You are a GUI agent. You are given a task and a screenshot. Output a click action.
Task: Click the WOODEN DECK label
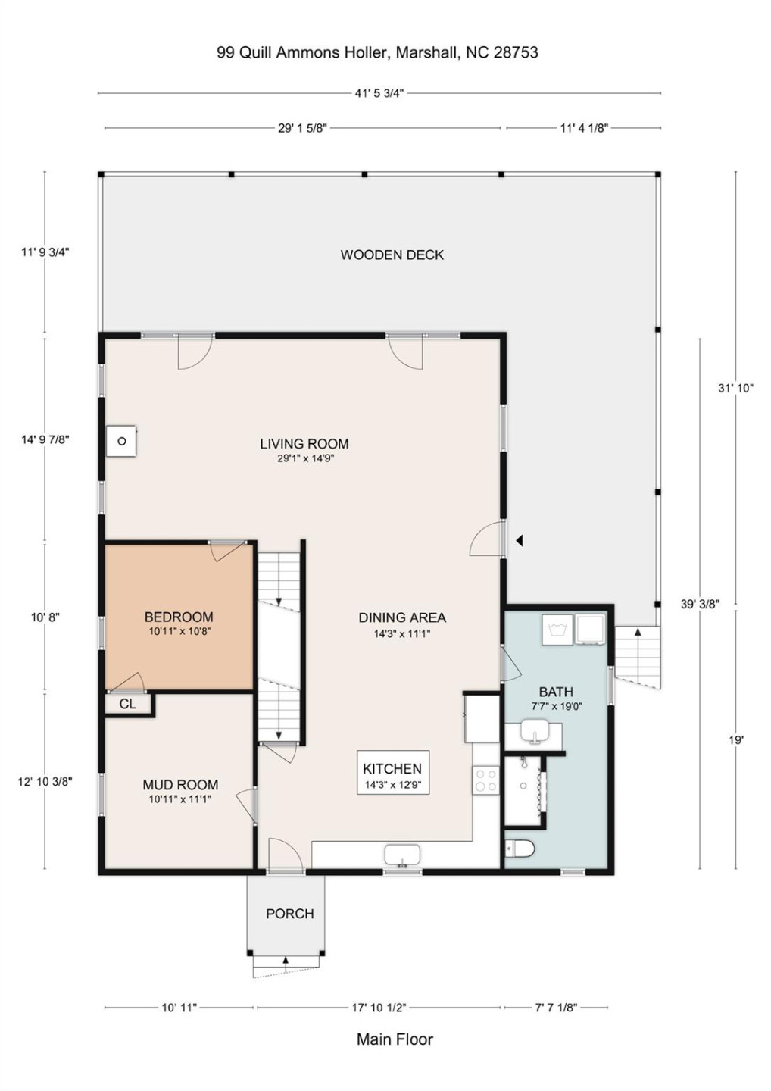[x=392, y=255]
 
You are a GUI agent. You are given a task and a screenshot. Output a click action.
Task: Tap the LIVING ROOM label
[x=304, y=444]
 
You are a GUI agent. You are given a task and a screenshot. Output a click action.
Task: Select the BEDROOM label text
[x=179, y=617]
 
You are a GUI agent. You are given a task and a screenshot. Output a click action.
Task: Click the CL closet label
[x=128, y=704]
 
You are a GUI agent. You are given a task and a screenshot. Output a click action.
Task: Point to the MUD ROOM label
[x=180, y=785]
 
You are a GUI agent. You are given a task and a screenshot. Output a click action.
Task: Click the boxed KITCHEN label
[x=392, y=768]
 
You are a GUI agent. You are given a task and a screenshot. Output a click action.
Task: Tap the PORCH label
[x=290, y=914]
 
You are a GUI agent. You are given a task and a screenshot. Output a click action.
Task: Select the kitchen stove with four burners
[x=486, y=780]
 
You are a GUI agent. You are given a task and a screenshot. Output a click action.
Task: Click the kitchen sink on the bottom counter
[x=402, y=857]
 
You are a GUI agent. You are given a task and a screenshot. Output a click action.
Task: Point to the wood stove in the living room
[x=122, y=441]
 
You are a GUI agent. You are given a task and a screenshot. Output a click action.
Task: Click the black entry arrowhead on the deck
[x=520, y=540]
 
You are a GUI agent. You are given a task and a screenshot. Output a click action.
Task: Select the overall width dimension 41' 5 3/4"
[x=379, y=93]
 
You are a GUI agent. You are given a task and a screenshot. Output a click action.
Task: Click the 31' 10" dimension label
[x=735, y=388]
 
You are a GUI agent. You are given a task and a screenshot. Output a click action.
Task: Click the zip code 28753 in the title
[x=516, y=52]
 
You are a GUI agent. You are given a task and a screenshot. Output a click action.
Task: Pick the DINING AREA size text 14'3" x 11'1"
[x=402, y=633]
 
